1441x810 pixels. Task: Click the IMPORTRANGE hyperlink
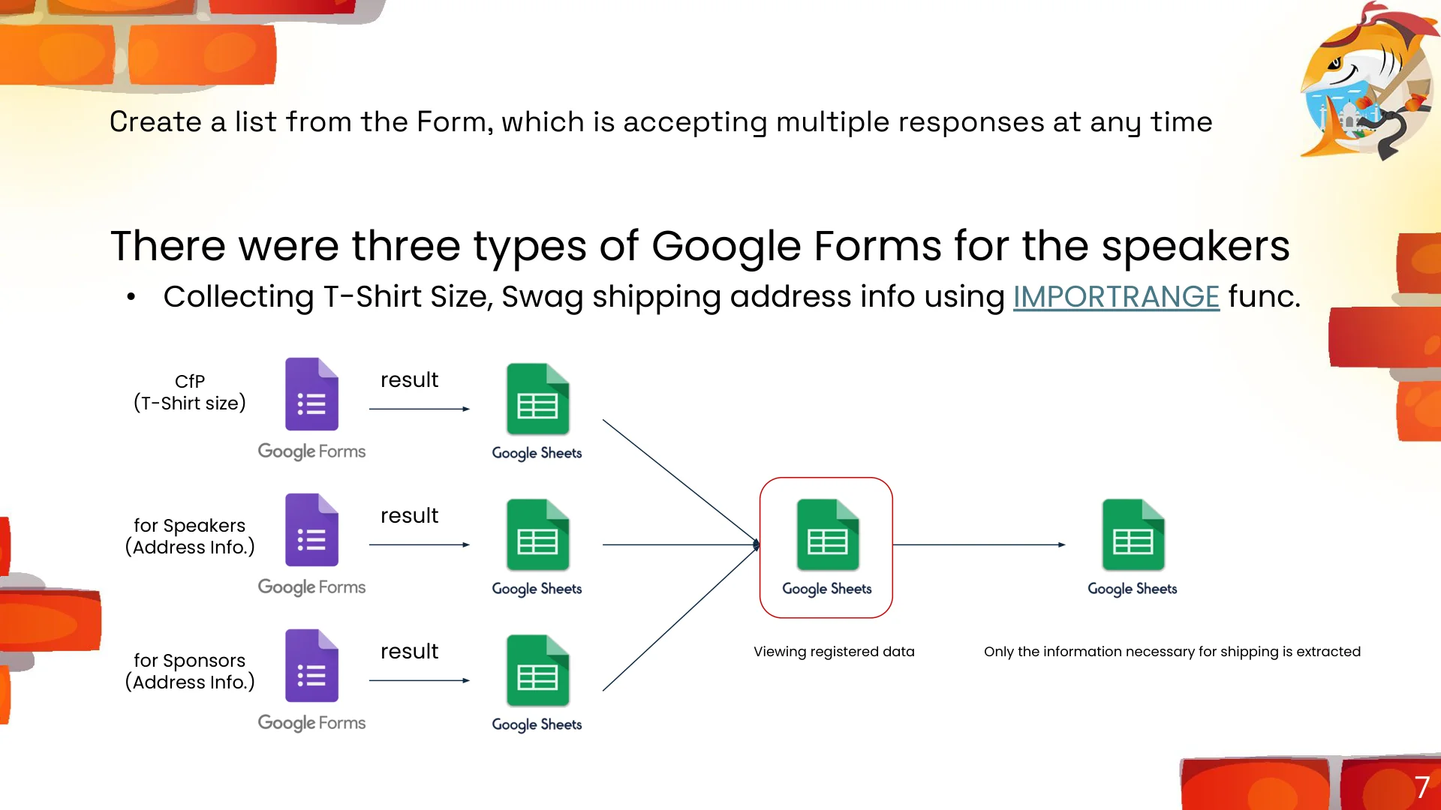click(x=1116, y=297)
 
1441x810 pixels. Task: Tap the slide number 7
click(x=1421, y=787)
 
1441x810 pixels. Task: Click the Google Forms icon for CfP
click(x=311, y=394)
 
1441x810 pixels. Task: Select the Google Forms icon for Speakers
click(x=311, y=530)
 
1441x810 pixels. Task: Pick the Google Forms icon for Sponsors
click(x=311, y=666)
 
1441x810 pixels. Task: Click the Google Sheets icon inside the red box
click(x=827, y=535)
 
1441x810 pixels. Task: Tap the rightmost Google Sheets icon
click(x=1133, y=535)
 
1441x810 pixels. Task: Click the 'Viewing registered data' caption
click(x=834, y=652)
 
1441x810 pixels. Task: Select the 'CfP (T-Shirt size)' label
click(x=190, y=392)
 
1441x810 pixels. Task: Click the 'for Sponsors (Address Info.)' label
click(x=190, y=671)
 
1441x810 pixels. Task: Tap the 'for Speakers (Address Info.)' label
click(x=190, y=536)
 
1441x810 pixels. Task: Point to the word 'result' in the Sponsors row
click(x=409, y=651)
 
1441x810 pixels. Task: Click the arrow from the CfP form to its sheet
click(x=420, y=409)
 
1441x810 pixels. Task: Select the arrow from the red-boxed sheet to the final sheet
click(x=979, y=544)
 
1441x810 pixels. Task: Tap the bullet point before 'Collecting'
click(x=131, y=298)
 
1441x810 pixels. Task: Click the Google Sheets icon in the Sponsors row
click(x=537, y=670)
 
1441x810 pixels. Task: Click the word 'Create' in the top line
click(x=156, y=121)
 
